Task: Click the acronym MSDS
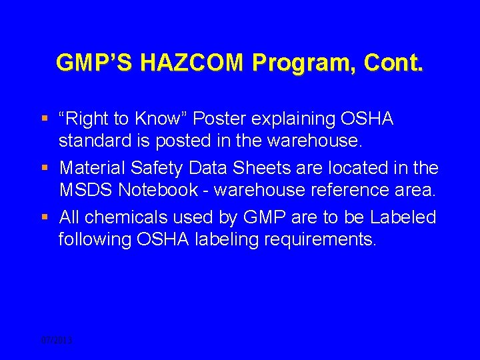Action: click(x=85, y=190)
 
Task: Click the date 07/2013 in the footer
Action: click(x=56, y=340)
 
